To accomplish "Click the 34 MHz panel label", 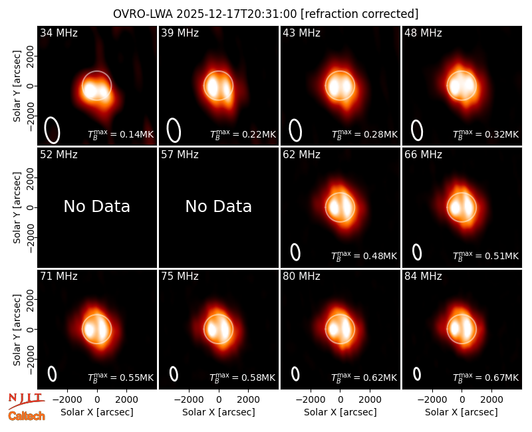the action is click(59, 33).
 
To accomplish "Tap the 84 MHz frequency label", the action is click(423, 276).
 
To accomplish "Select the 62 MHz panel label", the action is click(301, 155).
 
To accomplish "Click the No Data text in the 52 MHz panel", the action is click(96, 207).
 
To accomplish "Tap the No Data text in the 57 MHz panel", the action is click(219, 207).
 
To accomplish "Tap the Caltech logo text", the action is click(27, 416).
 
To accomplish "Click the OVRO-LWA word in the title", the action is click(143, 14).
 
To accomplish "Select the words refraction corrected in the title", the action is click(360, 14).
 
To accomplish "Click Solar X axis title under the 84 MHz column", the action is click(462, 412).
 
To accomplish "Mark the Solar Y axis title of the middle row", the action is click(17, 207).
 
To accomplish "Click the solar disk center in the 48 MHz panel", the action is click(462, 86).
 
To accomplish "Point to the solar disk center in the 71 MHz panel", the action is click(96, 329).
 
